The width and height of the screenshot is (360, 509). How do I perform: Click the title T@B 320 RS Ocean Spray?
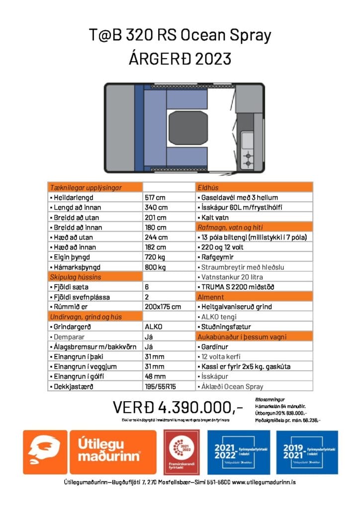180,36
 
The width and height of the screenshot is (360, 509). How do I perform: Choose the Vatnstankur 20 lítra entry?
227,277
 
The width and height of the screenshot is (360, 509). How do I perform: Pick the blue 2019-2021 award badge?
307,452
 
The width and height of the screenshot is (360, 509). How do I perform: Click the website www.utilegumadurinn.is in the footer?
264,483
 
